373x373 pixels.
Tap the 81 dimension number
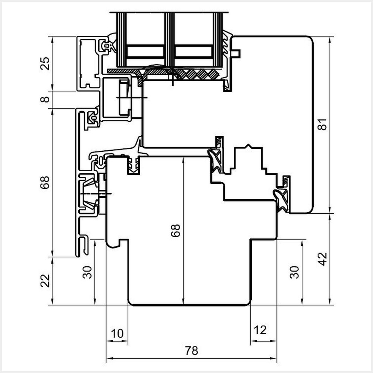point(323,124)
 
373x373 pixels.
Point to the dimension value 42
point(323,259)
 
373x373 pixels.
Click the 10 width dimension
point(117,333)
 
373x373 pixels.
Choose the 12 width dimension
point(260,330)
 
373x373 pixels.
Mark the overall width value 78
point(191,351)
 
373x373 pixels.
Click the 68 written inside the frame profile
point(175,231)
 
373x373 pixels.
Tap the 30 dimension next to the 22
point(87,272)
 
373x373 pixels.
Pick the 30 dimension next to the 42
point(295,272)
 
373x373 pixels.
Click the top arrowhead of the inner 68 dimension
point(183,159)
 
